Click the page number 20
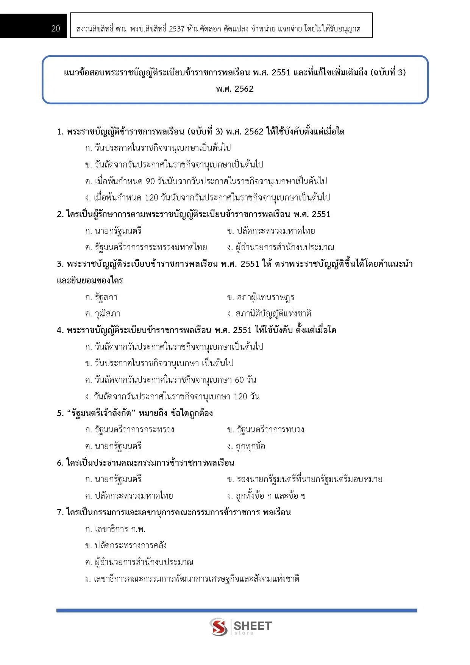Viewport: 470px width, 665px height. point(55,29)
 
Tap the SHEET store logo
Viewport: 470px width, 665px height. point(240,627)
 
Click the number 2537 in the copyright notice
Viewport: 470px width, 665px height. point(176,29)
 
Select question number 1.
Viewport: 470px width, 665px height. point(60,132)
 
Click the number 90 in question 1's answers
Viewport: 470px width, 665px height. point(150,181)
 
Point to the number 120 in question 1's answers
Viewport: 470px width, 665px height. point(151,198)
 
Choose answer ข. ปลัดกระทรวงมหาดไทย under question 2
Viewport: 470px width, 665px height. point(271,231)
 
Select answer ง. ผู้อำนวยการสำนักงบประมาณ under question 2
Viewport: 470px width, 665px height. point(280,247)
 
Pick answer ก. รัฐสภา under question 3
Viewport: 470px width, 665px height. point(101,297)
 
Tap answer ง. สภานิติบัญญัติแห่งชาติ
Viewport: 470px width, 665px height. point(269,314)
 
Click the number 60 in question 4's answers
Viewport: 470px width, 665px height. point(239,380)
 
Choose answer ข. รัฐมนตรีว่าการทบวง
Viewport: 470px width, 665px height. point(265,430)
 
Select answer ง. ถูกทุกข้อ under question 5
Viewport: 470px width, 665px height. point(246,446)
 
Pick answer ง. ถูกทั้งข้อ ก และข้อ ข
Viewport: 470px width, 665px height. point(266,496)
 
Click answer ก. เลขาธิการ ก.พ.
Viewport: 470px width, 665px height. point(116,529)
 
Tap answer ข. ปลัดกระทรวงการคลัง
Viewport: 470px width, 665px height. point(126,546)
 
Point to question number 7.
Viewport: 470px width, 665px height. point(60,513)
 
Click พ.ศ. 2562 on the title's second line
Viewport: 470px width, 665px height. point(235,89)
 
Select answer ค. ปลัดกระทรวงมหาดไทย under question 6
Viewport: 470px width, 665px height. point(129,496)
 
